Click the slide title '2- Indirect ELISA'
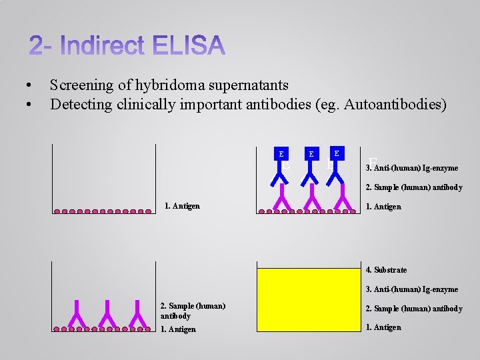coord(127,46)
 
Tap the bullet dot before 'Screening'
coord(27,86)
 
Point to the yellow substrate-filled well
coord(307,299)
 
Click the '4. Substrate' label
coord(386,270)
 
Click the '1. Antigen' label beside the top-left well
coord(182,206)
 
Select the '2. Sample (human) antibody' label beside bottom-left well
coord(193,311)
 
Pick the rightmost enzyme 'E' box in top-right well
coord(337,153)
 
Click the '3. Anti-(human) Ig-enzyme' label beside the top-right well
coord(411,168)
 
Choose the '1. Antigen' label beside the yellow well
coord(383,327)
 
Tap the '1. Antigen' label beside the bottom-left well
coord(179,329)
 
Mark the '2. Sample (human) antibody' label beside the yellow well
coord(414,309)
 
